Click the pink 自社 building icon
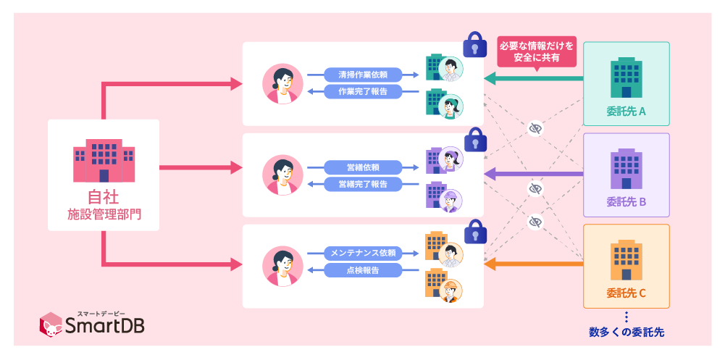pyautogui.click(x=104, y=162)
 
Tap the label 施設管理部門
pyautogui.click(x=104, y=214)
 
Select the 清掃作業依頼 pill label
pyautogui.click(x=362, y=75)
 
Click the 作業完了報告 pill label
pyautogui.click(x=362, y=92)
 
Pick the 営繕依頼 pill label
pyautogui.click(x=362, y=167)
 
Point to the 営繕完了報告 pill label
pyautogui.click(x=362, y=184)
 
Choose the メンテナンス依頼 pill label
pyautogui.click(x=362, y=253)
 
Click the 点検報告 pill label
pyautogui.click(x=362, y=270)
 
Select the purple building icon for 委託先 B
pyautogui.click(x=626, y=168)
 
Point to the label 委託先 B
pyautogui.click(x=626, y=202)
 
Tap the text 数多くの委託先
pyautogui.click(x=626, y=332)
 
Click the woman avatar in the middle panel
pyautogui.click(x=279, y=174)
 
